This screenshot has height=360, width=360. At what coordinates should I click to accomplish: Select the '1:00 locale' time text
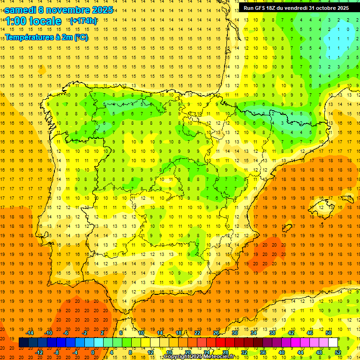(x=33, y=21)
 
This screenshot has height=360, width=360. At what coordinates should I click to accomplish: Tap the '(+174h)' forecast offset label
(x=83, y=21)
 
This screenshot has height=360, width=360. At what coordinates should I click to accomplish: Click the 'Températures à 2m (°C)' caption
(x=46, y=37)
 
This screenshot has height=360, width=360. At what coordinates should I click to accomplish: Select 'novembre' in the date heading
(x=69, y=9)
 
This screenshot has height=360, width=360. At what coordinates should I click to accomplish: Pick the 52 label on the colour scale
(x=338, y=352)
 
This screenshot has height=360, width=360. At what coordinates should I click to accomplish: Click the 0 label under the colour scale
(x=92, y=352)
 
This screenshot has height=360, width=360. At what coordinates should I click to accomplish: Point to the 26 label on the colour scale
(x=216, y=333)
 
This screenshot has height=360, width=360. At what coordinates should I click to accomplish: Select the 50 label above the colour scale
(x=328, y=333)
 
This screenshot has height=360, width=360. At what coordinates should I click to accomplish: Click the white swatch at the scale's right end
(x=333, y=343)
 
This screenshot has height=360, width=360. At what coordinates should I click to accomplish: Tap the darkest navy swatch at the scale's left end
(x=24, y=343)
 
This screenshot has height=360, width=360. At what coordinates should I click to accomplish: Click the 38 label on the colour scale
(x=272, y=333)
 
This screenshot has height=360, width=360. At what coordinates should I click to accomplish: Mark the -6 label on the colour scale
(x=67, y=333)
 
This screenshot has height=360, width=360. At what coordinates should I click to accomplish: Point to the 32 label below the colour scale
(x=244, y=352)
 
